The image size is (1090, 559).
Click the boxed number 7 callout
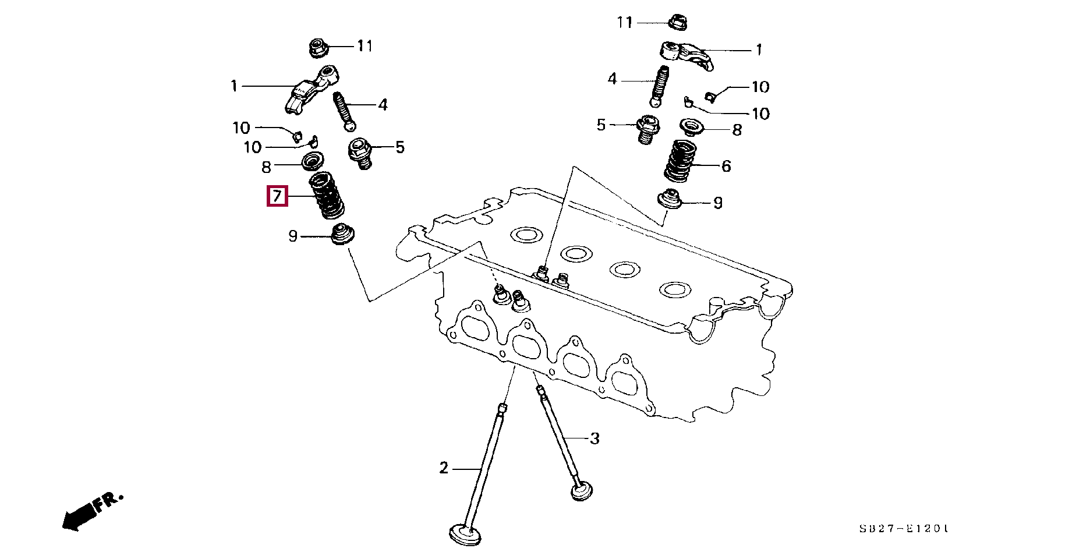pos(277,196)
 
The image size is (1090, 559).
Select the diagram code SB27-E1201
pos(904,529)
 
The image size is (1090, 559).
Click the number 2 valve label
pos(444,468)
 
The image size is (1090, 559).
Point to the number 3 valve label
pos(594,438)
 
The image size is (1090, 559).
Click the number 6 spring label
pos(726,166)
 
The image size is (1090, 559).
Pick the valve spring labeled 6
pos(681,160)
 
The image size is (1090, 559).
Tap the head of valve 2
pos(466,534)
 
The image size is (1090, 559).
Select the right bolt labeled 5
pos(645,130)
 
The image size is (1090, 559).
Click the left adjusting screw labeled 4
pos(343,111)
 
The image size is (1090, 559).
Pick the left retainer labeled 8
pos(313,160)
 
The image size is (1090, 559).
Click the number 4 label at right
pos(611,79)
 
